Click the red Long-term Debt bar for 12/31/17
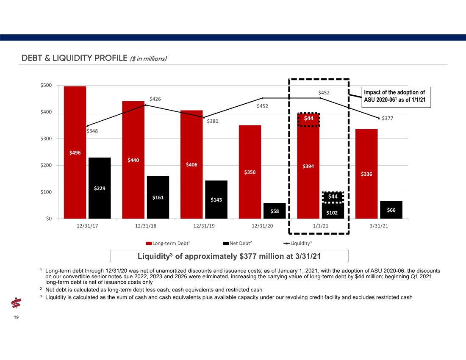(x=75, y=152)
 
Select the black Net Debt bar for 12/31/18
(x=158, y=197)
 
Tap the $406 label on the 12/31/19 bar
(x=191, y=165)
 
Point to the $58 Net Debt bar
(x=275, y=211)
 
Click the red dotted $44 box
(x=308, y=120)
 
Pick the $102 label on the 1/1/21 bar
(x=332, y=213)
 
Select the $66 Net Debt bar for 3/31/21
(x=391, y=210)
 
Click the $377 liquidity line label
(x=387, y=118)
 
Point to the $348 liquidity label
(x=92, y=131)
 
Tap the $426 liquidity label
(x=155, y=99)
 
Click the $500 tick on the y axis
(x=46, y=85)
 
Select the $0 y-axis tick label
(x=49, y=219)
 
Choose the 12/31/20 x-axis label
(x=262, y=226)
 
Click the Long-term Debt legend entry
(x=168, y=243)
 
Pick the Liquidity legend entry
(x=298, y=243)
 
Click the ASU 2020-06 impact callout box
(x=396, y=97)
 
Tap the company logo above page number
(x=16, y=303)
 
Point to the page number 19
(x=16, y=317)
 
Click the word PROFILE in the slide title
(x=111, y=58)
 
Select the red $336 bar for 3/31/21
(x=366, y=174)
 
